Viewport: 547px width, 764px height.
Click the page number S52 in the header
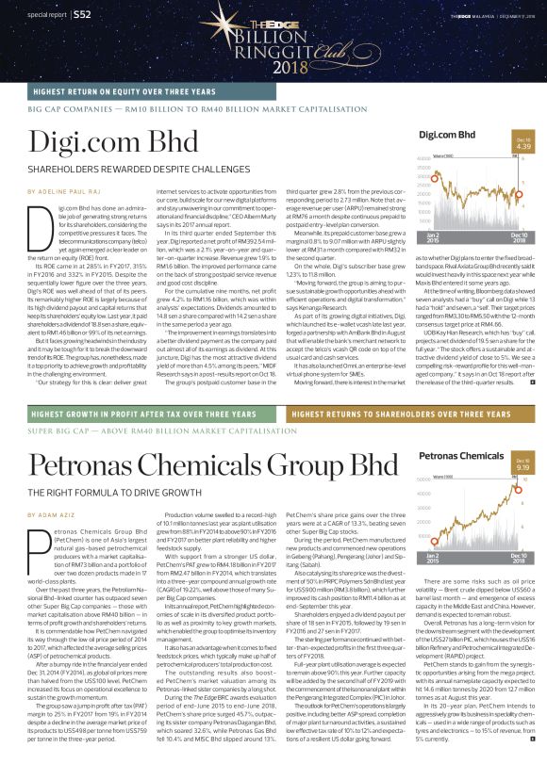click(x=81, y=15)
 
